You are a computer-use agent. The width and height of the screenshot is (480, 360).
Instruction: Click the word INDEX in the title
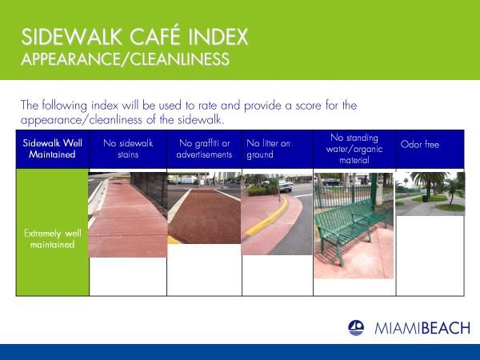(218, 37)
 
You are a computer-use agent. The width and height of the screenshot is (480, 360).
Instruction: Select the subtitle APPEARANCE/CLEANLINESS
(126, 59)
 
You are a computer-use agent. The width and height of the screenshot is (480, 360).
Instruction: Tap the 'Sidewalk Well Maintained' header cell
(52, 149)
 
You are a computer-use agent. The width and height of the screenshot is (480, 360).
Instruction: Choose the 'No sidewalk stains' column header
(128, 149)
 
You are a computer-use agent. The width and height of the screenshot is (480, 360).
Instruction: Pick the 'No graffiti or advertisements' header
(204, 149)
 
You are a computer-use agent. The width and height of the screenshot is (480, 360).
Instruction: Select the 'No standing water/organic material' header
(354, 149)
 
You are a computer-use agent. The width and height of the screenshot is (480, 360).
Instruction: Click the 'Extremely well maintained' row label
(52, 238)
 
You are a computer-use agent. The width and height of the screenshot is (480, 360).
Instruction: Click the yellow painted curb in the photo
(267, 218)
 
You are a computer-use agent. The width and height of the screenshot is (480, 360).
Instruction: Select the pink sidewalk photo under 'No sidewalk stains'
(128, 214)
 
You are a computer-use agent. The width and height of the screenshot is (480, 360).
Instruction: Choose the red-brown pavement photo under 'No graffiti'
(204, 207)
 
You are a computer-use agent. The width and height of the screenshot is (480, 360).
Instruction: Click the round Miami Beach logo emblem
(356, 328)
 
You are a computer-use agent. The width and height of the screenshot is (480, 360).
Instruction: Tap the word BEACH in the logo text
(446, 329)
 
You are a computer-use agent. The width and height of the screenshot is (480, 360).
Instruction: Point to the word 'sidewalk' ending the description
(199, 120)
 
